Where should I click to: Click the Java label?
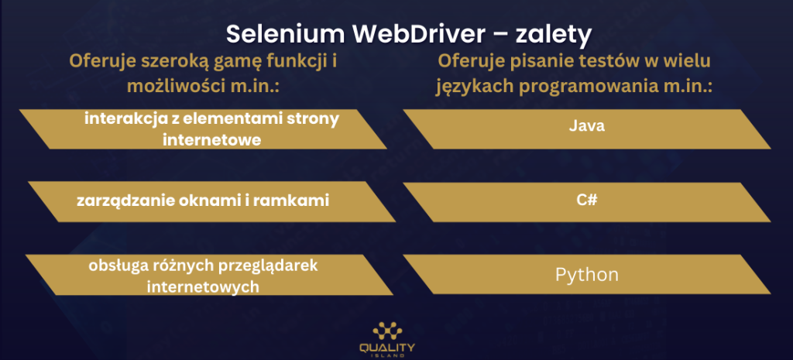tap(587, 125)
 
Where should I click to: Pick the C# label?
tap(587, 200)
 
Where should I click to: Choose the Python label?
tap(587, 275)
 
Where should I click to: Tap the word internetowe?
tap(212, 139)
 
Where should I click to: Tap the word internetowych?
tap(203, 286)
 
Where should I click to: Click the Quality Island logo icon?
tap(387, 331)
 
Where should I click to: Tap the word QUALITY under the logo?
tap(387, 348)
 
